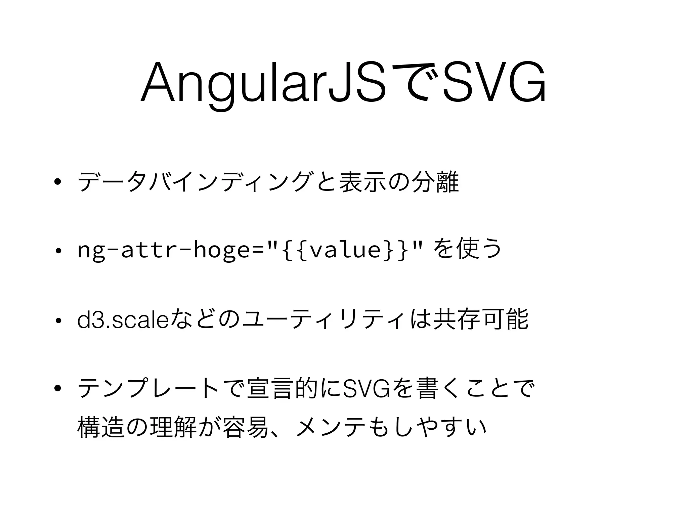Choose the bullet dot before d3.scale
[x=58, y=321]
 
